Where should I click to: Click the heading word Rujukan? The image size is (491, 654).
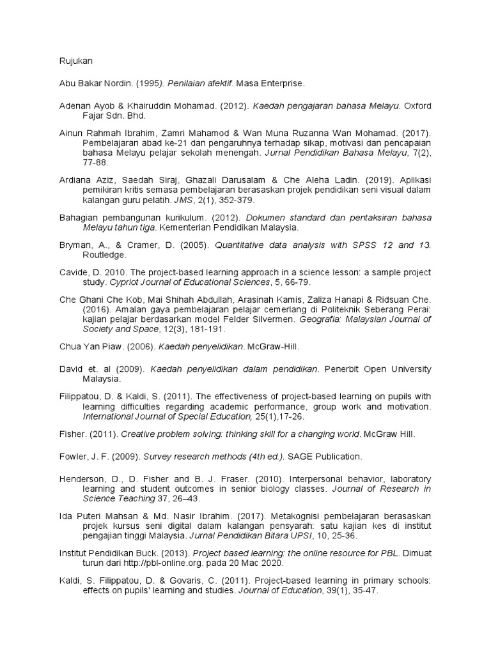76,61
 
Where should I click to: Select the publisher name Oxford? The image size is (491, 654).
417,106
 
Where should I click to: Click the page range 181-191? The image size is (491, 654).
214,329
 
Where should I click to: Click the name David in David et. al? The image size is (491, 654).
71,369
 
